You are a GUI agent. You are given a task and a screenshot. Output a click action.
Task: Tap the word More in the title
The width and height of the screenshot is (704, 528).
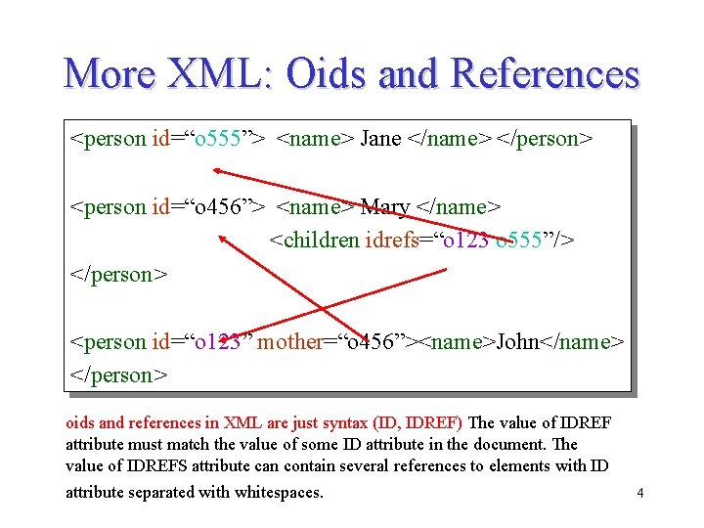(x=108, y=74)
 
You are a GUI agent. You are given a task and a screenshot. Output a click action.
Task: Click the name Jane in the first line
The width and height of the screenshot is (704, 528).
(x=380, y=139)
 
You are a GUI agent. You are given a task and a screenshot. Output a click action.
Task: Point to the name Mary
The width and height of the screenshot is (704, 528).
(x=384, y=207)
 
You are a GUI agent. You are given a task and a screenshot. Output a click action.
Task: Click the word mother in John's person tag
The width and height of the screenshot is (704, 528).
(x=290, y=342)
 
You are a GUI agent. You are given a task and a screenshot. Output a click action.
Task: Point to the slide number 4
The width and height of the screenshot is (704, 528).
(x=639, y=493)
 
